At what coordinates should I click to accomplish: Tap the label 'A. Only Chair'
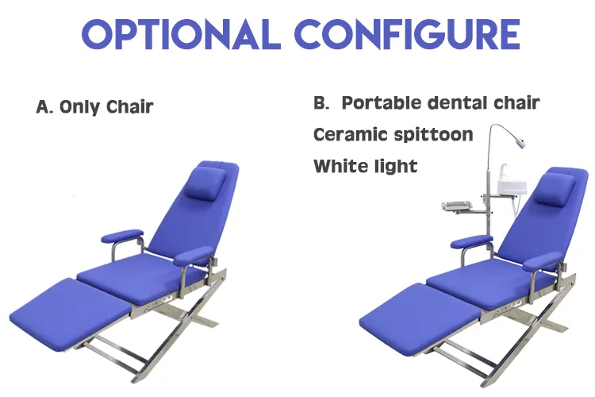tap(94, 106)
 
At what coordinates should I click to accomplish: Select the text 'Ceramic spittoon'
tap(393, 134)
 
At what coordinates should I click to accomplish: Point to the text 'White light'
tap(365, 166)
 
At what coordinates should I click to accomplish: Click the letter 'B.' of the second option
tap(321, 102)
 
